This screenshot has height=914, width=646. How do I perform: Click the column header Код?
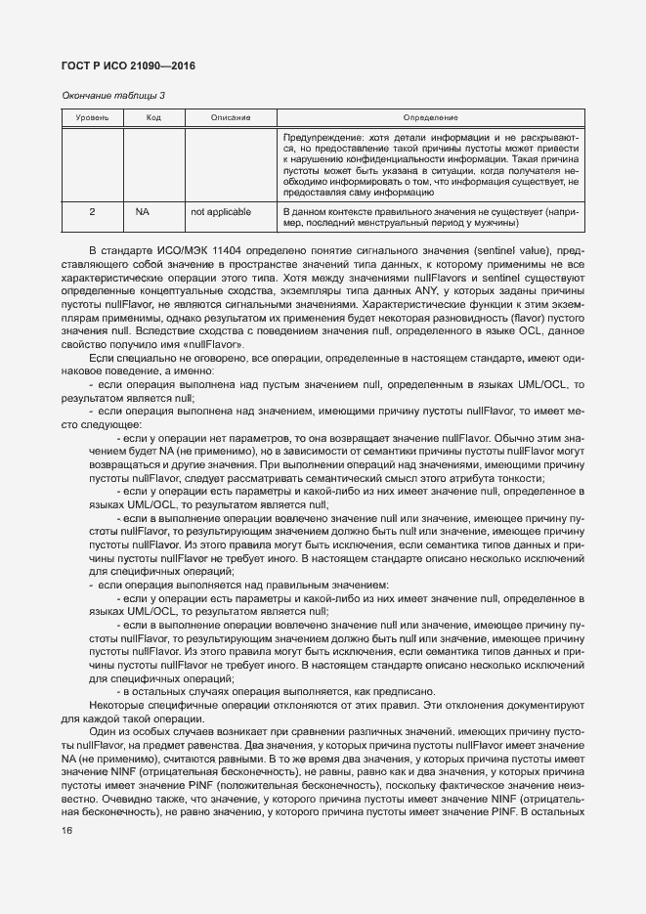point(153,117)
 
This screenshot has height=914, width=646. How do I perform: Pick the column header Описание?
point(231,117)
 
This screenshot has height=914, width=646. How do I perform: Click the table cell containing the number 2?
point(92,211)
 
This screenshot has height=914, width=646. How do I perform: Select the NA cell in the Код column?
point(143,211)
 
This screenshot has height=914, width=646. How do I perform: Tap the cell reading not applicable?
point(221,211)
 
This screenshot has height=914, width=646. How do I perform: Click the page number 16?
point(66,831)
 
